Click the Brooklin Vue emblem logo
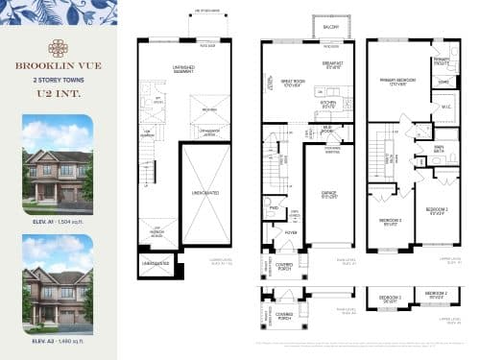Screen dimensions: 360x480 click(x=58, y=47)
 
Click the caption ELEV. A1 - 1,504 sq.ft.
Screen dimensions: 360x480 click(x=58, y=220)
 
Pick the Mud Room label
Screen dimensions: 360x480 click(x=327, y=128)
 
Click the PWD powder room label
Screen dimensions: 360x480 click(x=274, y=208)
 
